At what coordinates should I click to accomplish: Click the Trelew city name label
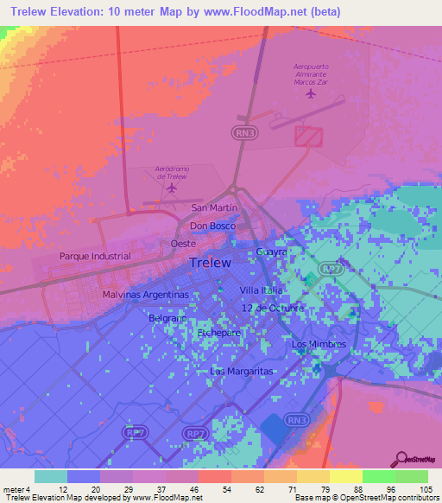tap(209, 263)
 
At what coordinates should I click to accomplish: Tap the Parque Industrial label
tap(95, 257)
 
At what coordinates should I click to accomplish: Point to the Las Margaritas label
tap(242, 371)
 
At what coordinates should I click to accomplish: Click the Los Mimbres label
tap(319, 344)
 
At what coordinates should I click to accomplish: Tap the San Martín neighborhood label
tap(214, 207)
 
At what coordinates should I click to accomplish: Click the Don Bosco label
tap(212, 226)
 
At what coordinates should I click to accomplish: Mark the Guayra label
tap(271, 251)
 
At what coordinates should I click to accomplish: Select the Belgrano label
tap(167, 319)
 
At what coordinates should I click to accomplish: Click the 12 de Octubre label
tap(272, 309)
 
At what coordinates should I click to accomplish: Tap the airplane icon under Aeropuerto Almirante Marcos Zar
tap(311, 94)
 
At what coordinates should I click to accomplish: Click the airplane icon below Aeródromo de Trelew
tap(172, 187)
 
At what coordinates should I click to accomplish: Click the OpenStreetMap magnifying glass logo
tap(401, 458)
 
